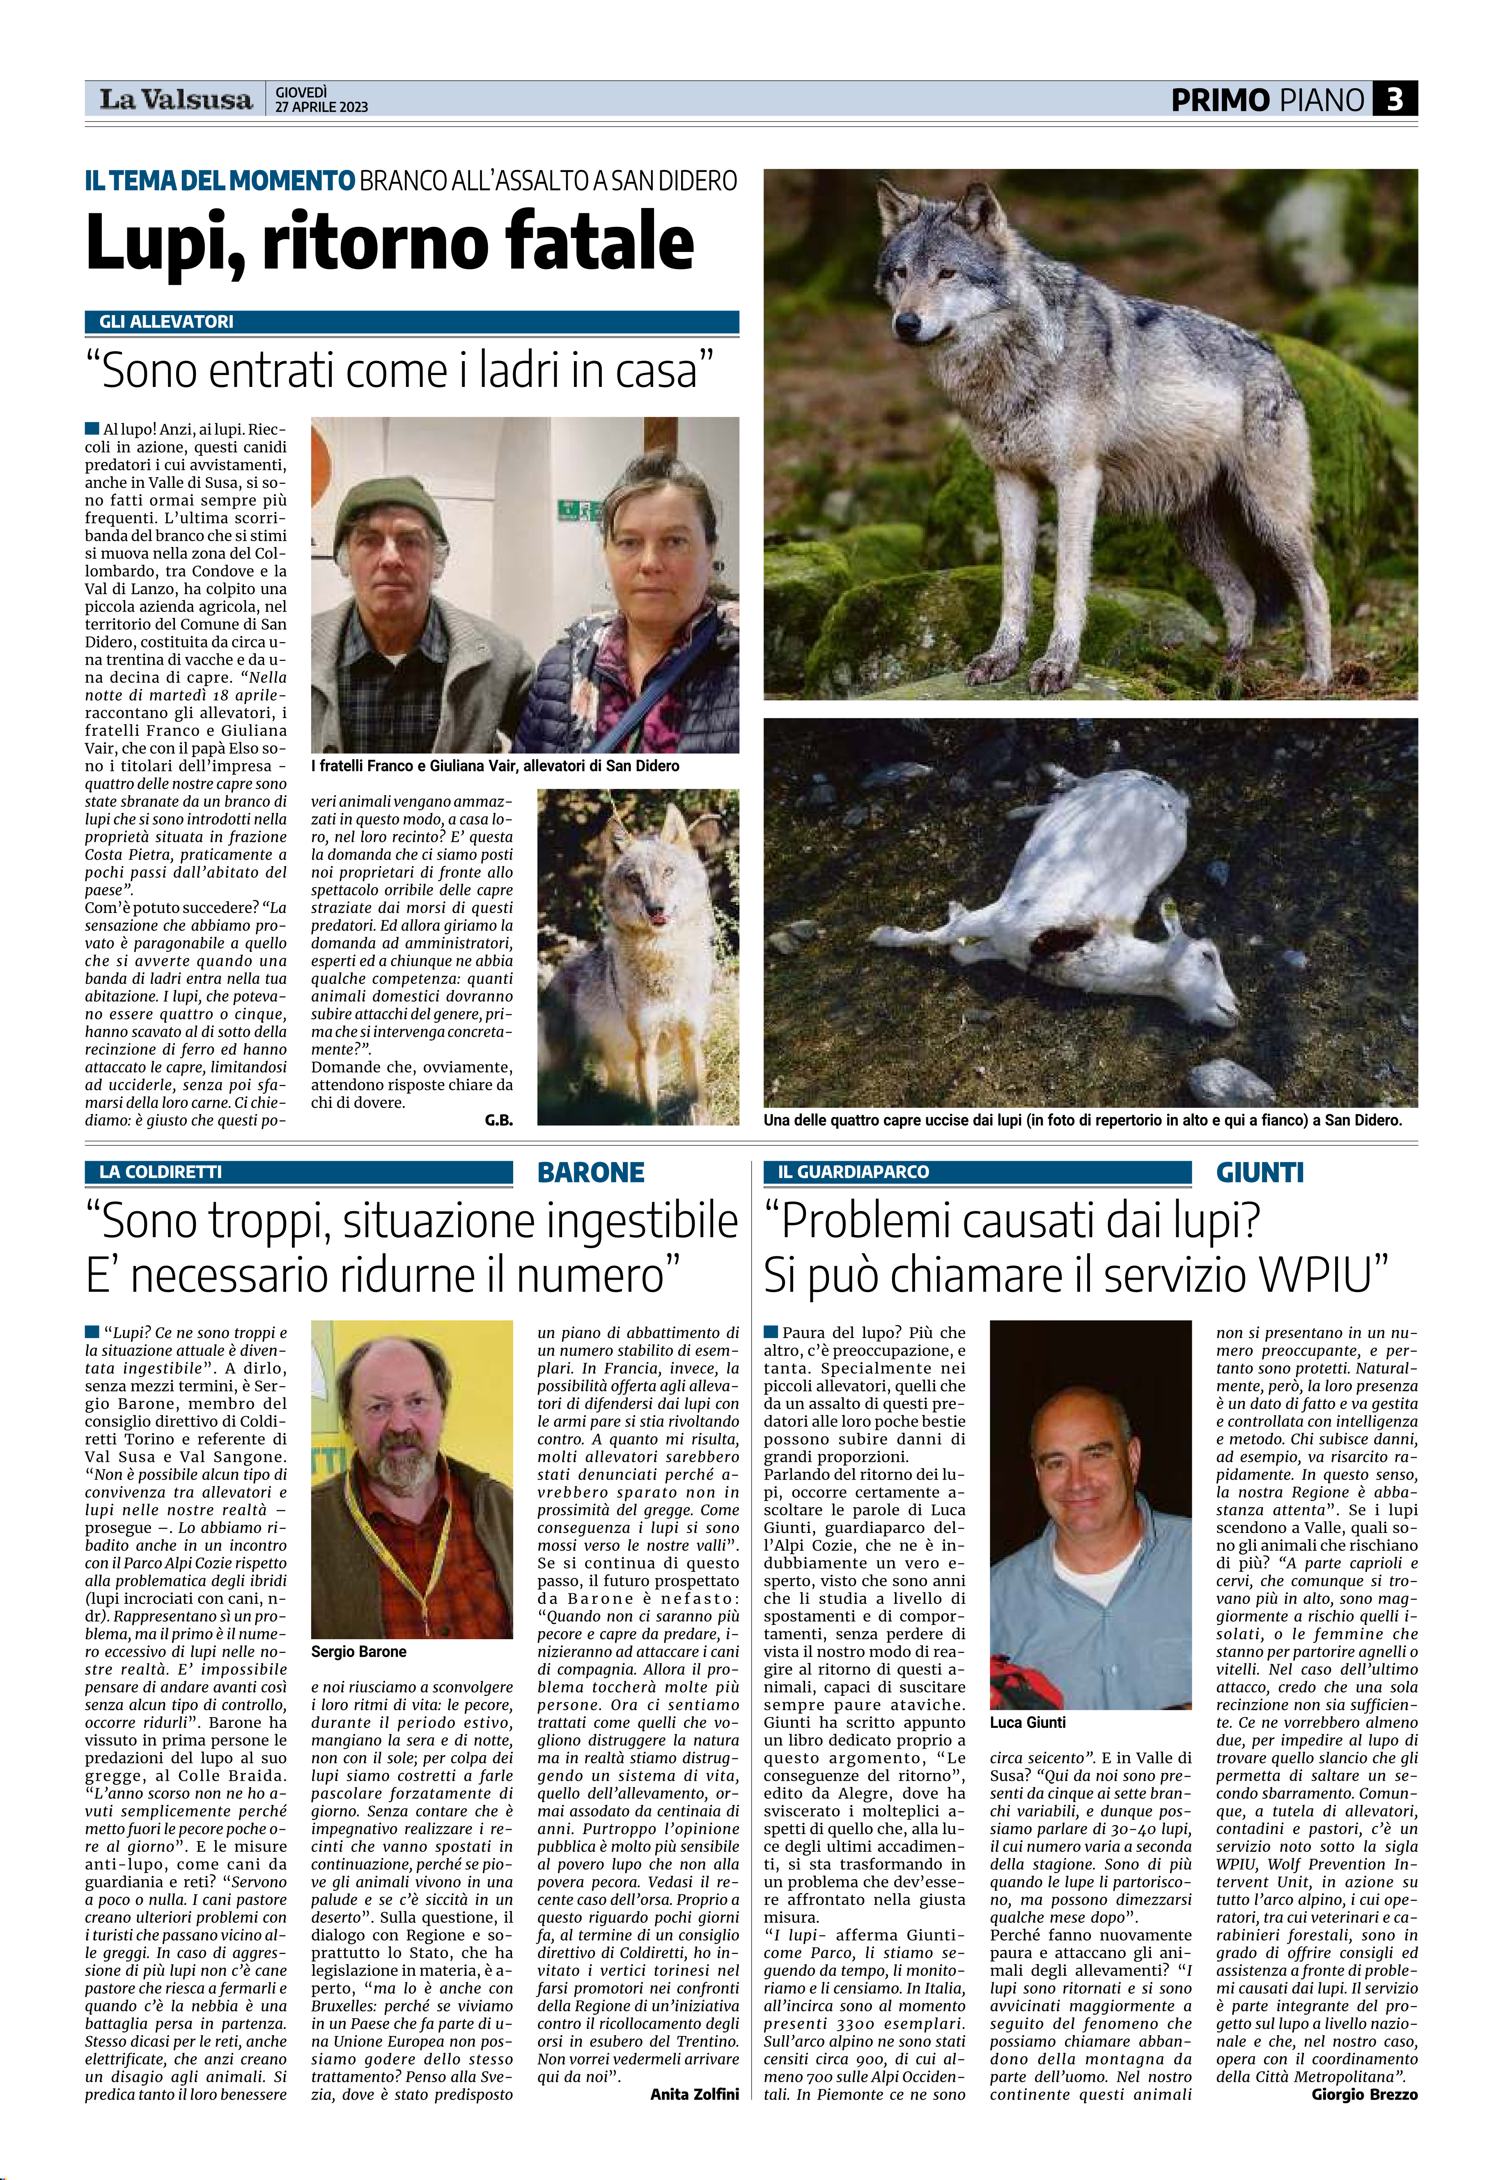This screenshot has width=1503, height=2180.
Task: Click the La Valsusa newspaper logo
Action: (x=176, y=99)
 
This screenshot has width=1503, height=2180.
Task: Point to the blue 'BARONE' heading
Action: (x=590, y=1173)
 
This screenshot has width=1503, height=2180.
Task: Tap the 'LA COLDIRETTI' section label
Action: (x=161, y=1172)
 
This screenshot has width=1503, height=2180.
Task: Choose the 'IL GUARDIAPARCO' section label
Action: (x=853, y=1172)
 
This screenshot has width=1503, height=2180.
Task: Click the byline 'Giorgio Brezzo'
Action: (x=1364, y=2094)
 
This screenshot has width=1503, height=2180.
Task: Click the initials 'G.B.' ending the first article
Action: (x=498, y=1120)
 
